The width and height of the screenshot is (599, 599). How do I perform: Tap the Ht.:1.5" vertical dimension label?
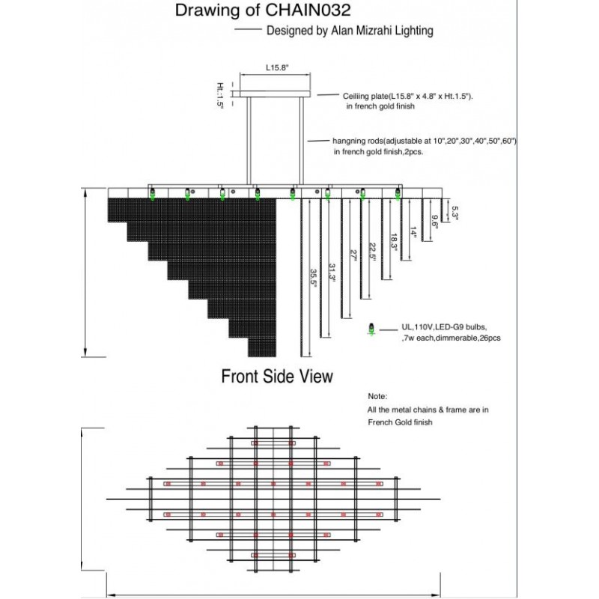click(220, 96)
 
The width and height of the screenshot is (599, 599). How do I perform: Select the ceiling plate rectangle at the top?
click(273, 93)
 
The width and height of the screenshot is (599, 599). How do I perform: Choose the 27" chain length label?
click(353, 255)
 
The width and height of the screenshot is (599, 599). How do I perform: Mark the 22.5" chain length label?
click(373, 249)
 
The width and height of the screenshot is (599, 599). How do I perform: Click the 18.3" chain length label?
click(393, 241)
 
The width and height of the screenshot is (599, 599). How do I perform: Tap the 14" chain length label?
click(413, 233)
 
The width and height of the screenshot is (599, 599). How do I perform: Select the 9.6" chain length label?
click(434, 221)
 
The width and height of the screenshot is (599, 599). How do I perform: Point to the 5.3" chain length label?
click(454, 213)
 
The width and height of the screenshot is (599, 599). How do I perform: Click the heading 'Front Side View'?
click(277, 376)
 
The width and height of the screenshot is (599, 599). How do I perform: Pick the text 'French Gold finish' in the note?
click(400, 422)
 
